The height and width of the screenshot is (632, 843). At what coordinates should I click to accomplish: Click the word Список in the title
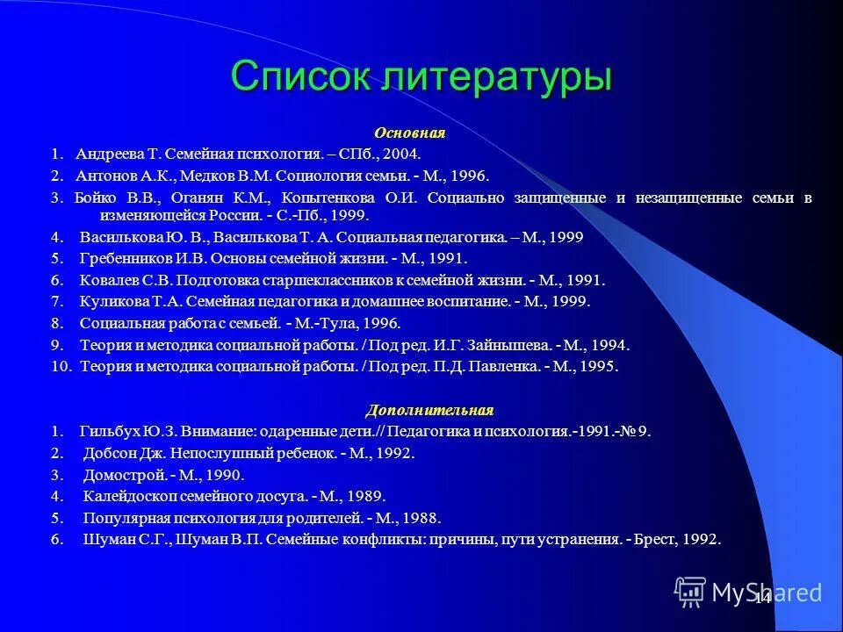[x=300, y=76]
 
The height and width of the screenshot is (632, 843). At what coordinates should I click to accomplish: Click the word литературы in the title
[x=495, y=78]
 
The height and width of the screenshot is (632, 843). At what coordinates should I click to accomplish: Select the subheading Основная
[x=410, y=133]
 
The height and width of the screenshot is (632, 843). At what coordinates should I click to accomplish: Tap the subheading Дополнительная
[x=429, y=410]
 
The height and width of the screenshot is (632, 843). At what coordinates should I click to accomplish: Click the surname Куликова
[x=112, y=302]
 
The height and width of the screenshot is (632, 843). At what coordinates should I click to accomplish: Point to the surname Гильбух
[x=110, y=432]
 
